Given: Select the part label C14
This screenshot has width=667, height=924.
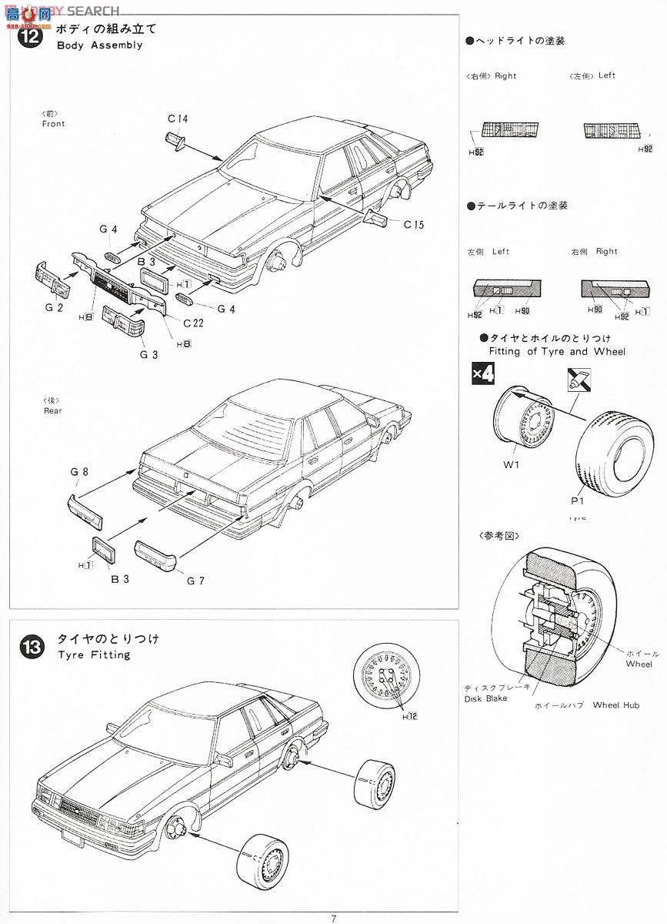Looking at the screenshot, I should [178, 119].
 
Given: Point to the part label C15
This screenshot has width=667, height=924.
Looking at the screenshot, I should [413, 225].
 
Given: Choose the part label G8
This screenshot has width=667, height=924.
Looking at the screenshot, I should [78, 470].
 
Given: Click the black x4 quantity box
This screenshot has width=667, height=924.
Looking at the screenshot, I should [482, 375].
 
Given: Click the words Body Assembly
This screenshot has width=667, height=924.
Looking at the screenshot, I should [99, 45].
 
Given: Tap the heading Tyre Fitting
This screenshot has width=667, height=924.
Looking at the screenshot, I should [94, 655].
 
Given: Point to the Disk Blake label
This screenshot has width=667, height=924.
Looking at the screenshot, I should [485, 698].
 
